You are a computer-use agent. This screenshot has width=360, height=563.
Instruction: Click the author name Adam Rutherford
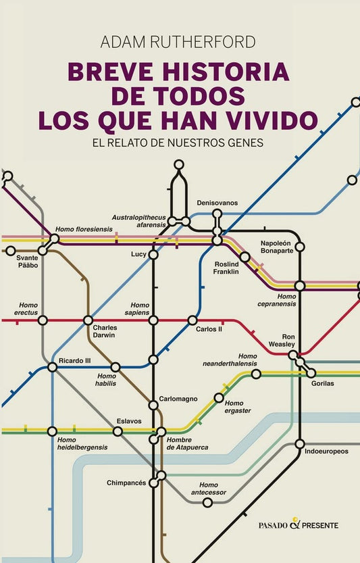178,42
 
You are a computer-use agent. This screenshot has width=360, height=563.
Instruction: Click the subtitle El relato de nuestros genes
178,143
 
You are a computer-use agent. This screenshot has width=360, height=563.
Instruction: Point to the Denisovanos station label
217,203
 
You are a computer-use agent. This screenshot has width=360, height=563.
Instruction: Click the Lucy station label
138,254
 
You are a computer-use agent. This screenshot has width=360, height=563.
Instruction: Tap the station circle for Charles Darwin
88,320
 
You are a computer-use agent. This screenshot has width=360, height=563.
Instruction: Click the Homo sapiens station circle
153,320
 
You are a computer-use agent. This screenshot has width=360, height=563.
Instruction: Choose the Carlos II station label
209,329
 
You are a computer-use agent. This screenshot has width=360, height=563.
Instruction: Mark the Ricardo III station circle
53,367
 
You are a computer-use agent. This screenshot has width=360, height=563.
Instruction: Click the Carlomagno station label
176,398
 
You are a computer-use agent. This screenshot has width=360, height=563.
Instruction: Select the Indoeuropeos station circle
300,443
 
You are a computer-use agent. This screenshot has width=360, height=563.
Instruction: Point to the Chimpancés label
126,483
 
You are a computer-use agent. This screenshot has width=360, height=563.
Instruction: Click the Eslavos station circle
118,431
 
